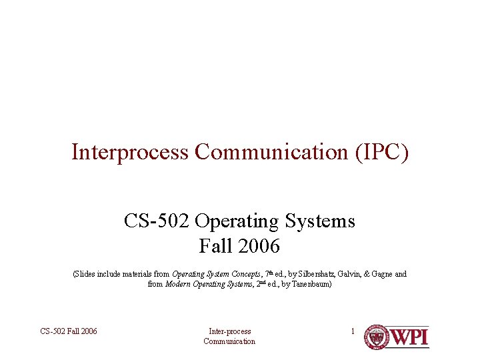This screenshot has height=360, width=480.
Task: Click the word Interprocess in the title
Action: (x=131, y=152)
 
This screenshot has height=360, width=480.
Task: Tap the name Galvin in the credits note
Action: (x=352, y=274)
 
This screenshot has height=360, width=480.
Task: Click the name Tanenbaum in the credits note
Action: (x=309, y=285)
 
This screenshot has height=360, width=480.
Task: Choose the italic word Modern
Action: (x=177, y=285)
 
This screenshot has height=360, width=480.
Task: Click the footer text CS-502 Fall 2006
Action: (x=69, y=331)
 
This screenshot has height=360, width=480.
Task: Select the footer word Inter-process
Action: (x=229, y=331)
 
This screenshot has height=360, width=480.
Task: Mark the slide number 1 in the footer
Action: (x=353, y=331)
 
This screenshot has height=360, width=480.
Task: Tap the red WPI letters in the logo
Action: (x=409, y=337)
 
